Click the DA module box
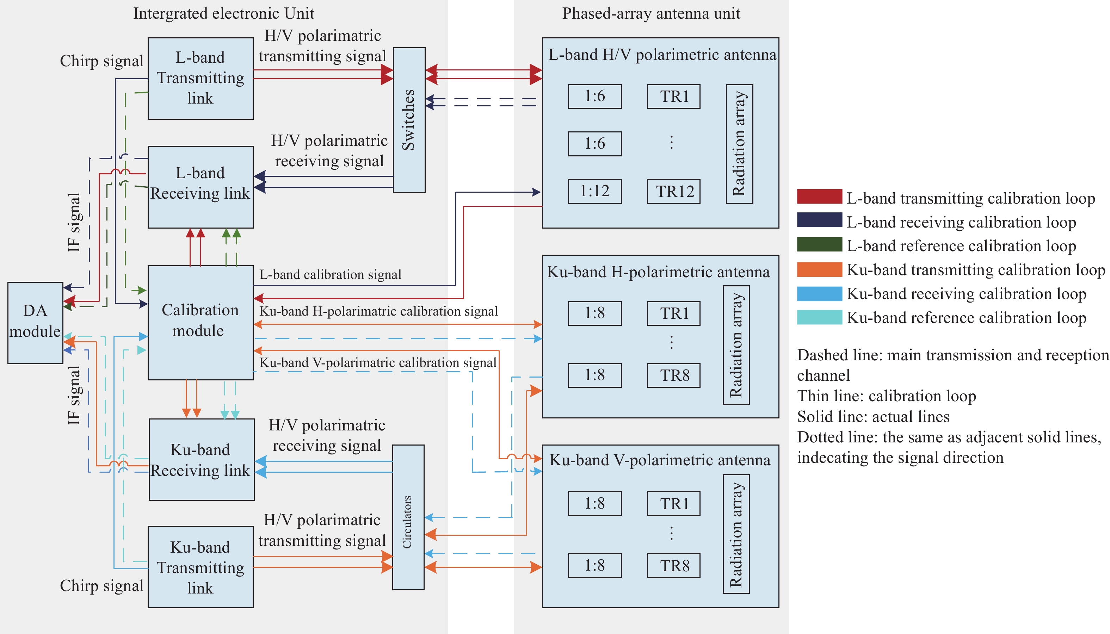[x=35, y=323]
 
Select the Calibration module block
[x=201, y=323]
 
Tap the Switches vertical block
[x=409, y=120]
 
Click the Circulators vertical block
[x=408, y=517]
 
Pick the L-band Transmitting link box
[x=201, y=79]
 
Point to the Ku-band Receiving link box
[x=201, y=459]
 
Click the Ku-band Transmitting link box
[x=201, y=567]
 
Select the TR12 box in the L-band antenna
[x=673, y=191]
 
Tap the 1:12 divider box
[x=595, y=191]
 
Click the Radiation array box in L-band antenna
[x=739, y=144]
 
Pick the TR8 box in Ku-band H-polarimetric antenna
[x=673, y=375]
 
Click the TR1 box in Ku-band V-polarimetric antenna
[x=673, y=503]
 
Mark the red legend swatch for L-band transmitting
[x=819, y=197]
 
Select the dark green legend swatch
[x=819, y=244]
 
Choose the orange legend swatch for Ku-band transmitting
[x=819, y=269]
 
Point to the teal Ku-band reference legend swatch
[x=819, y=317]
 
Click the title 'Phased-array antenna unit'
[x=651, y=13]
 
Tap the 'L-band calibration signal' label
[x=330, y=275]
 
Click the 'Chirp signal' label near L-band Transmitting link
[x=101, y=61]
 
